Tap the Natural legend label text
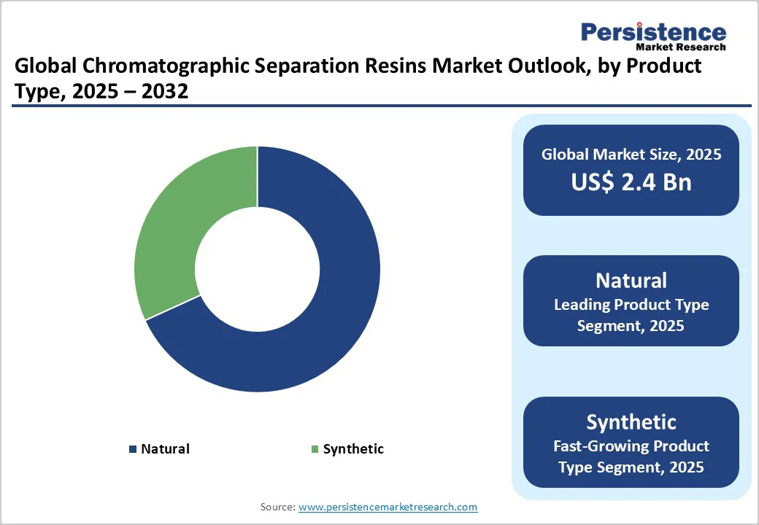(x=165, y=449)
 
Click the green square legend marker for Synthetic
(x=315, y=449)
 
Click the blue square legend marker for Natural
(x=133, y=449)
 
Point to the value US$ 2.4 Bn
(x=631, y=182)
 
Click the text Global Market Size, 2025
(x=631, y=155)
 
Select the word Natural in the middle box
(x=631, y=281)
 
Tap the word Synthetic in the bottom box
(x=631, y=421)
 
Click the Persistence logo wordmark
(x=653, y=33)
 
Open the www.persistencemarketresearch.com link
(x=388, y=507)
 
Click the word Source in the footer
(x=277, y=507)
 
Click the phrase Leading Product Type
(x=631, y=305)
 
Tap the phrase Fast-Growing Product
(x=631, y=446)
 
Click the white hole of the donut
(x=257, y=268)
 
